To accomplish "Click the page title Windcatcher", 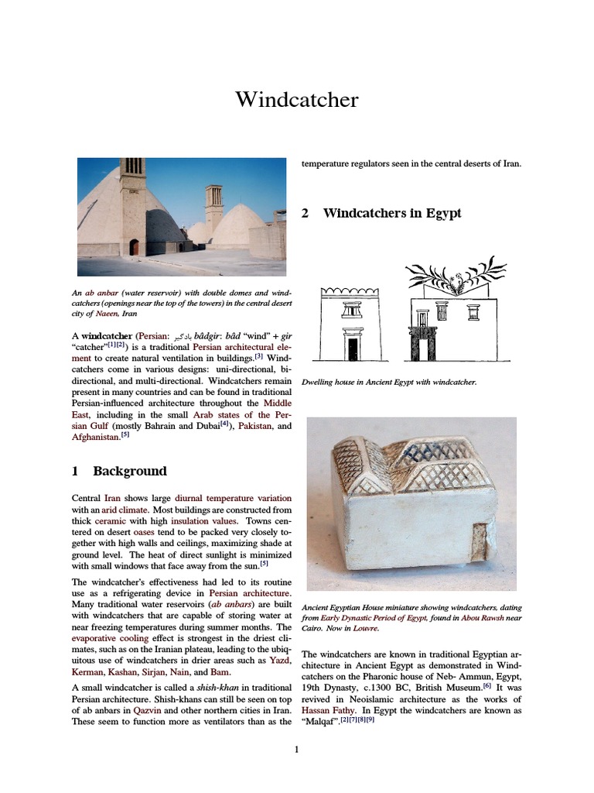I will click(x=297, y=100).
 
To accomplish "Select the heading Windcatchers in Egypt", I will click(x=391, y=213).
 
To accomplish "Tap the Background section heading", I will click(x=129, y=471).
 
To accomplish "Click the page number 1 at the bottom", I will click(x=296, y=749).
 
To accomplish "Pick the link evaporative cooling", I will click(x=111, y=640).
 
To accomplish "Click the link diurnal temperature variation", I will click(x=234, y=498).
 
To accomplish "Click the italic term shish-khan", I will click(x=196, y=688).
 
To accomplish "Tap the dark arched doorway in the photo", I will click(x=134, y=247).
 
